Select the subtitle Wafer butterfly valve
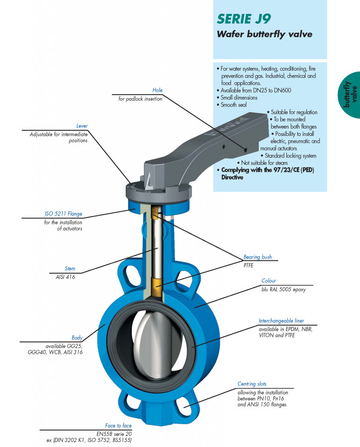tap(264, 34)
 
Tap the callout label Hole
tap(157, 90)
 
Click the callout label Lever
tap(82, 126)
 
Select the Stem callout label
tap(70, 269)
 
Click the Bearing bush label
tap(258, 257)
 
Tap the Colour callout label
tap(269, 281)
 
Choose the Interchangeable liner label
tap(281, 321)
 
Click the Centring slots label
tap(252, 384)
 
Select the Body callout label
tap(77, 338)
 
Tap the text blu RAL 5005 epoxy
tap(284, 289)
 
